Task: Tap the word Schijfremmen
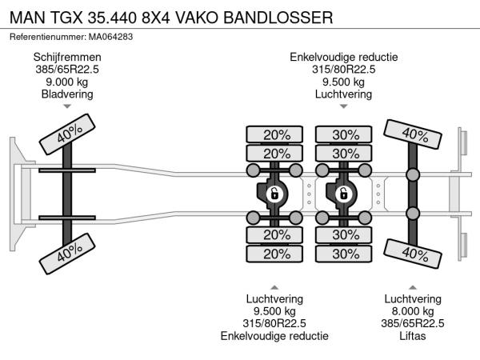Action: (67, 57)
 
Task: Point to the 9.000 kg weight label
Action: (67, 82)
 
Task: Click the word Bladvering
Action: (67, 94)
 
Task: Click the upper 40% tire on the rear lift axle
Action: (414, 134)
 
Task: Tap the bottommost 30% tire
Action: (346, 254)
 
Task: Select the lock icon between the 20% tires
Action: (274, 193)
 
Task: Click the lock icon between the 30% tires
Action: (343, 193)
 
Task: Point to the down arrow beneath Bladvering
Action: (67, 106)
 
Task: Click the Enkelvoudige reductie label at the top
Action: (343, 57)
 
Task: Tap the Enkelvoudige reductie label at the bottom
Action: (274, 336)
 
